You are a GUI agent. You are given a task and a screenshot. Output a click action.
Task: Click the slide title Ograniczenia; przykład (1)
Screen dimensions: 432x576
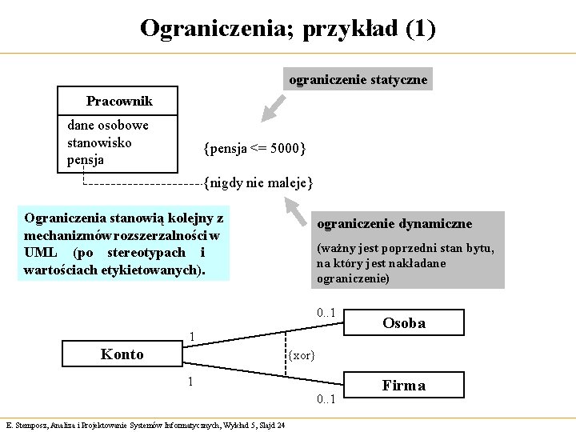(x=288, y=29)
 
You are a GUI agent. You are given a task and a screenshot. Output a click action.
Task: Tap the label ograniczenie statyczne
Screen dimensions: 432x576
(x=358, y=79)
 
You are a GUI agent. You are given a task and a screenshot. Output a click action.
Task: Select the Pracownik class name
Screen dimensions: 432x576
(x=119, y=102)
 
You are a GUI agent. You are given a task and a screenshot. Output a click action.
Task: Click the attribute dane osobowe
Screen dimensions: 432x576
(x=108, y=125)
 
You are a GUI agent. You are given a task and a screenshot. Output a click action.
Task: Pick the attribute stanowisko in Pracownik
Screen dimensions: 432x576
(x=100, y=142)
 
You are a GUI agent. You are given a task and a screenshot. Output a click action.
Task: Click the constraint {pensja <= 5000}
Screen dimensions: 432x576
(x=254, y=148)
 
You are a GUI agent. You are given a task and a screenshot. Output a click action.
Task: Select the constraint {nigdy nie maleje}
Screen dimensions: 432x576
(x=258, y=183)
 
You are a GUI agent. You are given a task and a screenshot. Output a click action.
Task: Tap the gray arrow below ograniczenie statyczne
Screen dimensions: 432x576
(x=274, y=105)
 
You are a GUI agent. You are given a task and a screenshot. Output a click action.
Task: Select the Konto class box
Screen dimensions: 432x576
(x=122, y=354)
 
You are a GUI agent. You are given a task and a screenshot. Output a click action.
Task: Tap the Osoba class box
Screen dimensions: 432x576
(x=403, y=323)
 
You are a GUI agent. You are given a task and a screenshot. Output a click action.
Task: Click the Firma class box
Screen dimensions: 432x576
(x=403, y=385)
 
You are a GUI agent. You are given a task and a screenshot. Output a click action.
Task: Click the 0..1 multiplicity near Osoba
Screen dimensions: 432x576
(x=325, y=313)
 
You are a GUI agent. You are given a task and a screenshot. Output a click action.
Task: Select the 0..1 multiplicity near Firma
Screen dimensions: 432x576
(x=326, y=398)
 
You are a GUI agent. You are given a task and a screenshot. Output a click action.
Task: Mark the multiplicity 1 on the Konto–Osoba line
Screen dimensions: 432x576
(x=192, y=334)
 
